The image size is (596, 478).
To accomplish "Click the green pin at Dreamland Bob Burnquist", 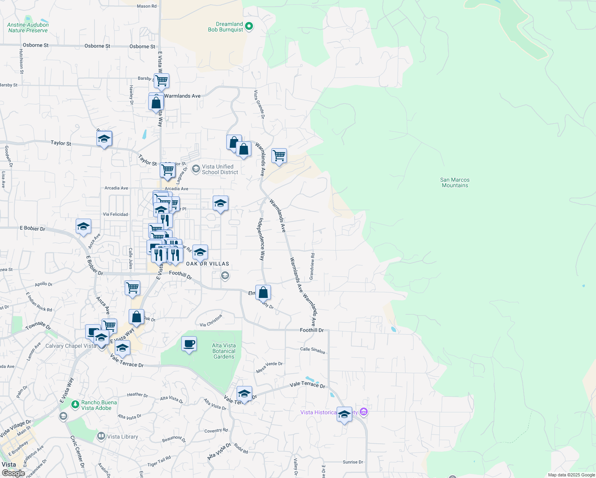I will tap(249, 26).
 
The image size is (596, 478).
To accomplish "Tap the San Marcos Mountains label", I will tap(455, 183).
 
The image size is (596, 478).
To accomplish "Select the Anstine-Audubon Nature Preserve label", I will tap(28, 27).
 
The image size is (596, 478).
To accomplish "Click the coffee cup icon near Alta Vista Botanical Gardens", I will tap(189, 344).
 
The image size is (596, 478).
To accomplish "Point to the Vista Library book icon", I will tap(101, 437).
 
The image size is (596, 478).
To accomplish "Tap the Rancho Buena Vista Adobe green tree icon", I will tap(75, 405).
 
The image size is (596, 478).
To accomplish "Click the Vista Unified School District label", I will tap(220, 170).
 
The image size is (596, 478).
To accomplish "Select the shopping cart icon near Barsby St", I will tap(161, 81).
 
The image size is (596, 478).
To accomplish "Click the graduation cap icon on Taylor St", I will tap(104, 139).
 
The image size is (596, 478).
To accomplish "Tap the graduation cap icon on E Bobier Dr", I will tap(83, 227).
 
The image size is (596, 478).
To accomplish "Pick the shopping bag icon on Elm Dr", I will tap(263, 293).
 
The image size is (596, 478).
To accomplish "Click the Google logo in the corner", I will tap(13, 473).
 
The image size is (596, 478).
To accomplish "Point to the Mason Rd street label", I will tap(147, 6).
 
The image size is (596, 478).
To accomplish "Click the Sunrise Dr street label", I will tap(353, 462).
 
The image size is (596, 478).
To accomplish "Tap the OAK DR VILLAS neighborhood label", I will tap(208, 264).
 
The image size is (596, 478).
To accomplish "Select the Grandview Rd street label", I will tap(312, 266).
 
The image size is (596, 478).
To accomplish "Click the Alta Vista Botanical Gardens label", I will tap(224, 351).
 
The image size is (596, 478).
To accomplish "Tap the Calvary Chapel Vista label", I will tap(71, 346).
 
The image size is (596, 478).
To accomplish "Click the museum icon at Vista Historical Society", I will tap(363, 412).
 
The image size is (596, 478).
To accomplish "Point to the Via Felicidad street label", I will tap(116, 214).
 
